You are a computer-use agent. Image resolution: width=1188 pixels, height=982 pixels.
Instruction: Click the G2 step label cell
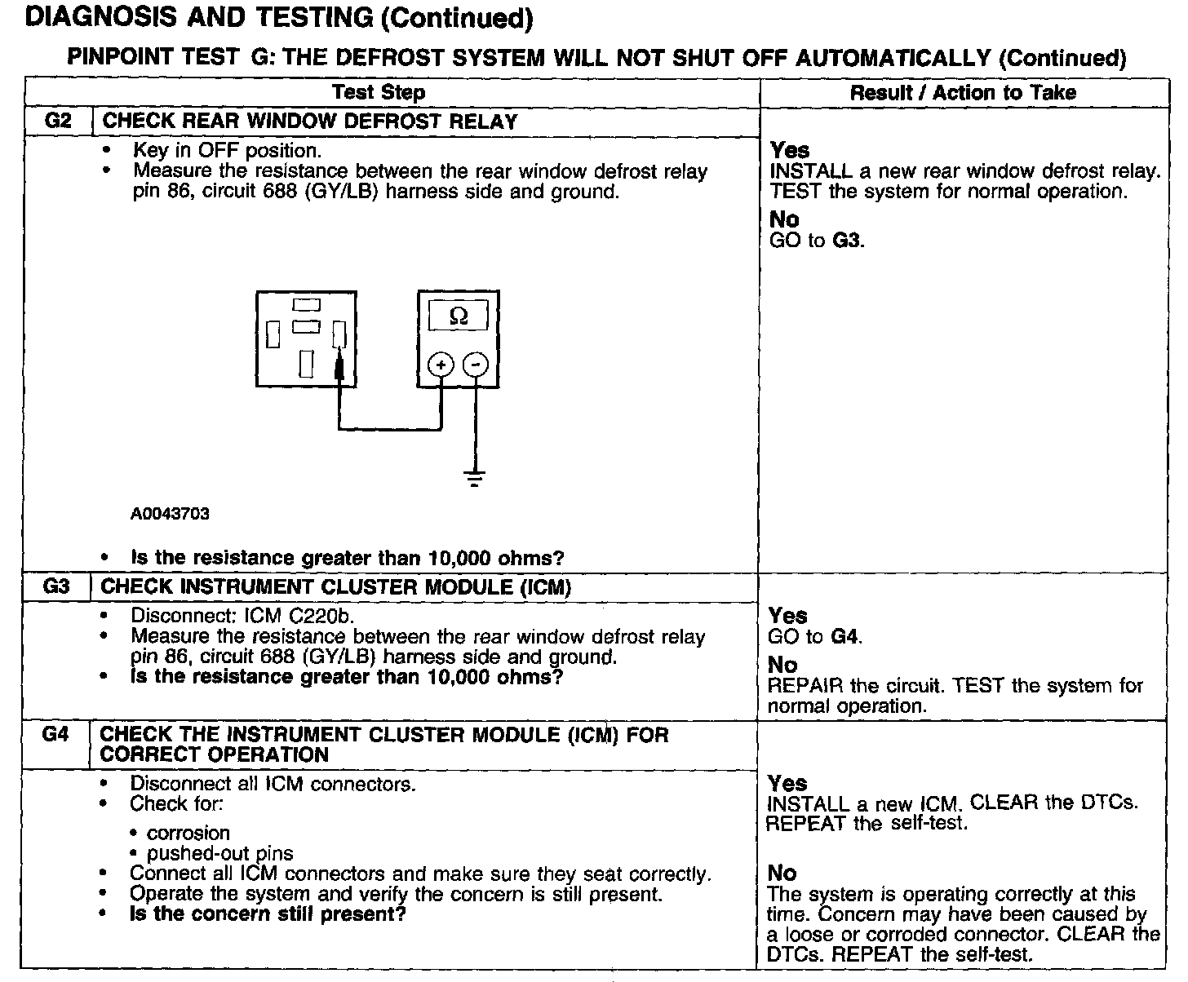(x=58, y=122)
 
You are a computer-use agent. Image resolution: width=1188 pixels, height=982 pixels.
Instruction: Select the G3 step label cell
(x=56, y=587)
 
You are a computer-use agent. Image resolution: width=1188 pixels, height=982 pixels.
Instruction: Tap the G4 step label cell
(x=55, y=735)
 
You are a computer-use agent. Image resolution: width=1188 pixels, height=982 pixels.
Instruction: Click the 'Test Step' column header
(x=379, y=92)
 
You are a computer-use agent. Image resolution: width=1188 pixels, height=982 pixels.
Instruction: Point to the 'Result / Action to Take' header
(x=963, y=92)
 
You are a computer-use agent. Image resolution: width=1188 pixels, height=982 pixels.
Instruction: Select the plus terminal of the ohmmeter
(x=441, y=365)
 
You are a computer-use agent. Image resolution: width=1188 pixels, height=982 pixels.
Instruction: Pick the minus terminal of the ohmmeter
(x=476, y=365)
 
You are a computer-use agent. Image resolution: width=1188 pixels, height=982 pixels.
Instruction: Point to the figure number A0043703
(x=170, y=514)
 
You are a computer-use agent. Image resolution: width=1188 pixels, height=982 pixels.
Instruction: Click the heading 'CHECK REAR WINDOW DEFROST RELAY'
(x=310, y=122)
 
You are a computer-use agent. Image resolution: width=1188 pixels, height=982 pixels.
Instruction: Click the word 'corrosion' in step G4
(x=188, y=834)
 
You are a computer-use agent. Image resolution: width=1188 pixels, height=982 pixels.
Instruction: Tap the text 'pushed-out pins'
(x=219, y=854)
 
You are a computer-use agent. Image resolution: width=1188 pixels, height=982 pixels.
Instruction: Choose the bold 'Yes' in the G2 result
(x=790, y=151)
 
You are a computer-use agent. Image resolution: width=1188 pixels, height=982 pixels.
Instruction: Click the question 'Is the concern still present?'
(x=268, y=914)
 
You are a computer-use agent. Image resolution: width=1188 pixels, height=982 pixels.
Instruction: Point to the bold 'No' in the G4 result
(x=782, y=874)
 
